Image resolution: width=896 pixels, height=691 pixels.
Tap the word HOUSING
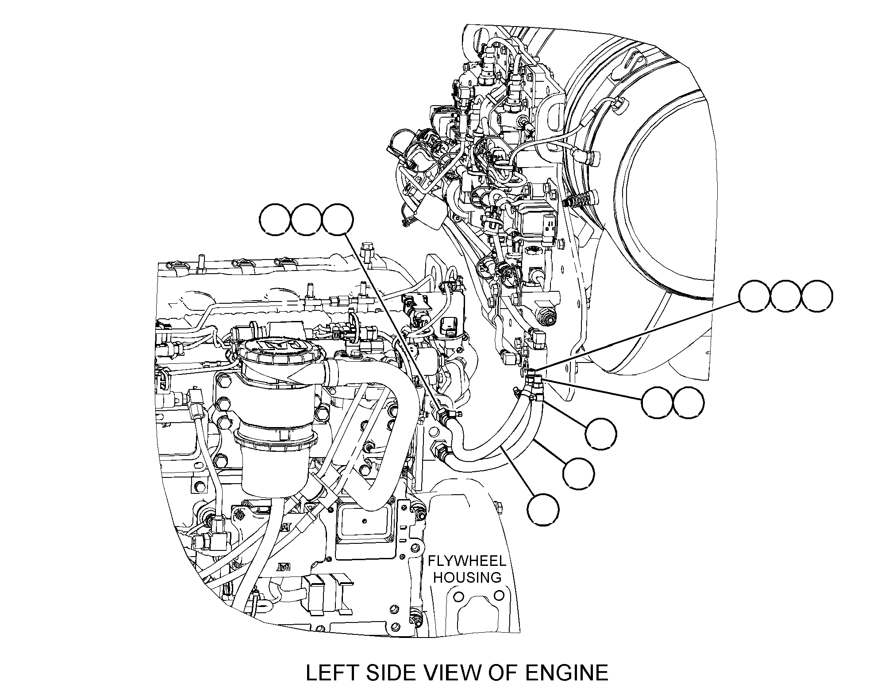pyautogui.click(x=467, y=577)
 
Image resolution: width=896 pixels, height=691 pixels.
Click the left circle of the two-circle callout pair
pyautogui.click(x=642, y=403)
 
